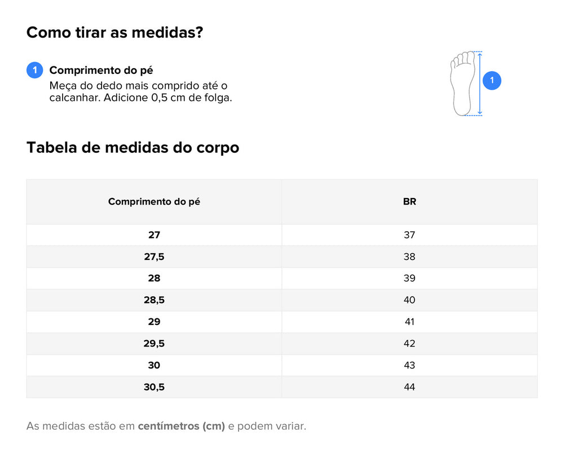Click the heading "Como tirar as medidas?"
tap(114, 33)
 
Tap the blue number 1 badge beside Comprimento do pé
tap(35, 71)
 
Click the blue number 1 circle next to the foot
tap(492, 81)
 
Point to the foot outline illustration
tap(462, 83)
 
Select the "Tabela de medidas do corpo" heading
tap(133, 148)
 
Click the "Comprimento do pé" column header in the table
tap(154, 202)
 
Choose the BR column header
tap(409, 202)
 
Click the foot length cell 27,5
tap(154, 257)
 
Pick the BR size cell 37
tap(409, 235)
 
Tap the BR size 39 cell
tap(409, 279)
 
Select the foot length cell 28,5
tap(154, 300)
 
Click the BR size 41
tap(409, 322)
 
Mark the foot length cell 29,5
tap(154, 343)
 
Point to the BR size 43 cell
tap(409, 365)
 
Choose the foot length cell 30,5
tap(154, 387)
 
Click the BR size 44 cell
tap(409, 387)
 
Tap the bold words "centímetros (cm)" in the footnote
tap(181, 426)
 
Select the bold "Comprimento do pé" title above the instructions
tap(101, 71)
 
